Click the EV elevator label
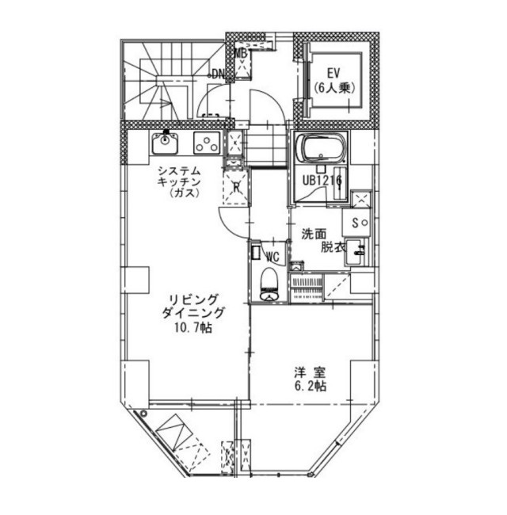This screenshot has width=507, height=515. [x=334, y=73]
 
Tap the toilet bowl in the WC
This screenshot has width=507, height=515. [x=269, y=284]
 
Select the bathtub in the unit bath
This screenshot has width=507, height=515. [x=321, y=148]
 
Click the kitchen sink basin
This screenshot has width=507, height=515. [x=165, y=143]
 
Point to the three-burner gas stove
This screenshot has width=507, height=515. [x=207, y=143]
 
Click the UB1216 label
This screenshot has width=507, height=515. [x=322, y=181]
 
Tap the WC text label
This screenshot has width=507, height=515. [x=273, y=256]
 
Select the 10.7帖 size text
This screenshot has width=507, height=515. [x=193, y=327]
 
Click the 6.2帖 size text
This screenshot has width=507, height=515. [x=310, y=387]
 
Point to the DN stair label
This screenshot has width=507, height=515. [x=217, y=74]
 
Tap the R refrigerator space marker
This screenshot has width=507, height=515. [x=236, y=188]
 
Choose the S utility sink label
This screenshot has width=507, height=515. [x=355, y=223]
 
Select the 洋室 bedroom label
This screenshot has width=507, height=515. [x=310, y=373]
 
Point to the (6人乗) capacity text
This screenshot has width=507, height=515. [x=334, y=88]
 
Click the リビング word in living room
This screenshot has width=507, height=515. [x=193, y=299]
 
